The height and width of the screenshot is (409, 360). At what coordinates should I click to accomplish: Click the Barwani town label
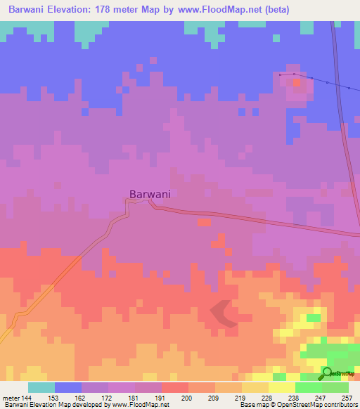(x=150, y=194)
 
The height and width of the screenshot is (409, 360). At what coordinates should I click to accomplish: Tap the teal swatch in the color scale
(x=41, y=388)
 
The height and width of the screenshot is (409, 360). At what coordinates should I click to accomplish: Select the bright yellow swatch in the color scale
(x=281, y=388)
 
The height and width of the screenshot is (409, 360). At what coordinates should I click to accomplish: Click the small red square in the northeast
(x=297, y=82)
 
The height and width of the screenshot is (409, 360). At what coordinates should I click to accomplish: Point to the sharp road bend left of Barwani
(x=127, y=202)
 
